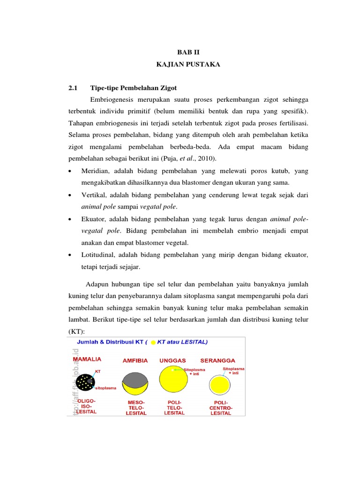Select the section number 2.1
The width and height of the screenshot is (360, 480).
coord(72,88)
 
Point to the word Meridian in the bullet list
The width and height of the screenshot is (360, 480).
coord(96,170)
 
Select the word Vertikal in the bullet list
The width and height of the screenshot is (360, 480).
coord(95,194)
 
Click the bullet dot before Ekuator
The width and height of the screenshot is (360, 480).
coord(70,219)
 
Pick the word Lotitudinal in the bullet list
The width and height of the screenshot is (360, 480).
coord(98,255)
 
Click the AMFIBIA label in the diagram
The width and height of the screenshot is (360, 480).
coord(135,360)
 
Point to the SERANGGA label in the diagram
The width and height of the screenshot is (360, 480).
coord(217,360)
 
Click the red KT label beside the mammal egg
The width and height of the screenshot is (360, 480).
coord(97,371)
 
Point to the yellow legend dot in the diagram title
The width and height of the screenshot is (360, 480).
coord(153,343)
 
